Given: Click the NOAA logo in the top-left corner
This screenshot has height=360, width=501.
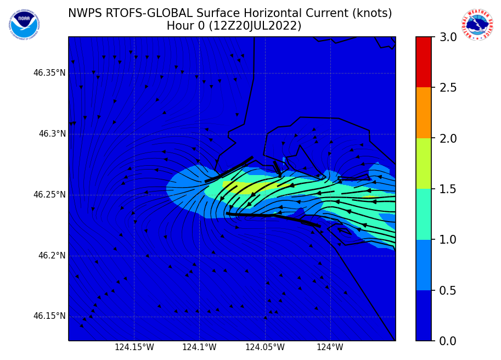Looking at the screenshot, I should pos(24,24).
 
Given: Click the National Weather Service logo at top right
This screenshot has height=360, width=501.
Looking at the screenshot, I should pos(477,24).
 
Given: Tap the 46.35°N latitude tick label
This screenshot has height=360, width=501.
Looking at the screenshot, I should pos(49,73).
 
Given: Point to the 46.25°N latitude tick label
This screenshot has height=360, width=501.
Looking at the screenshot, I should pos(49,195).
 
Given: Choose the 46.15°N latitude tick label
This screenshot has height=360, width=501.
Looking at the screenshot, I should pos(49,316).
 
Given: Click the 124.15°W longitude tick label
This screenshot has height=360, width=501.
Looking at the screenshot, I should pos(134,347).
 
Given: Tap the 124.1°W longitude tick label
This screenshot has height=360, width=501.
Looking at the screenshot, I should pos(199,347).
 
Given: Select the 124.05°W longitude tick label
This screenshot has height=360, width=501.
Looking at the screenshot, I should pos(265,347).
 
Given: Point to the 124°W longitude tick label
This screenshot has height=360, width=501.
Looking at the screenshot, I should pos(330,347).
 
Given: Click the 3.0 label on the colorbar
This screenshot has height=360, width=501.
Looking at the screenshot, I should pos(449,37).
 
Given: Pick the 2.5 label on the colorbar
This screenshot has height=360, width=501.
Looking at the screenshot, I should pos(449,88).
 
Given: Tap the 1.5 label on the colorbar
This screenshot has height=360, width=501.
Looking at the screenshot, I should pos(449,189).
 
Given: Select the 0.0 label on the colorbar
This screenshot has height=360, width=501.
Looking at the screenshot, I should pos(449,341).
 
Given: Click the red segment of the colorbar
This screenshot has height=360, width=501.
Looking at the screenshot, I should pos(424,62).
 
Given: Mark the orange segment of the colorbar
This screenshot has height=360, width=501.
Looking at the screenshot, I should pos(424,113).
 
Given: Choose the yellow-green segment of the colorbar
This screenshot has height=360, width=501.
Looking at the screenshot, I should pos(424,164).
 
